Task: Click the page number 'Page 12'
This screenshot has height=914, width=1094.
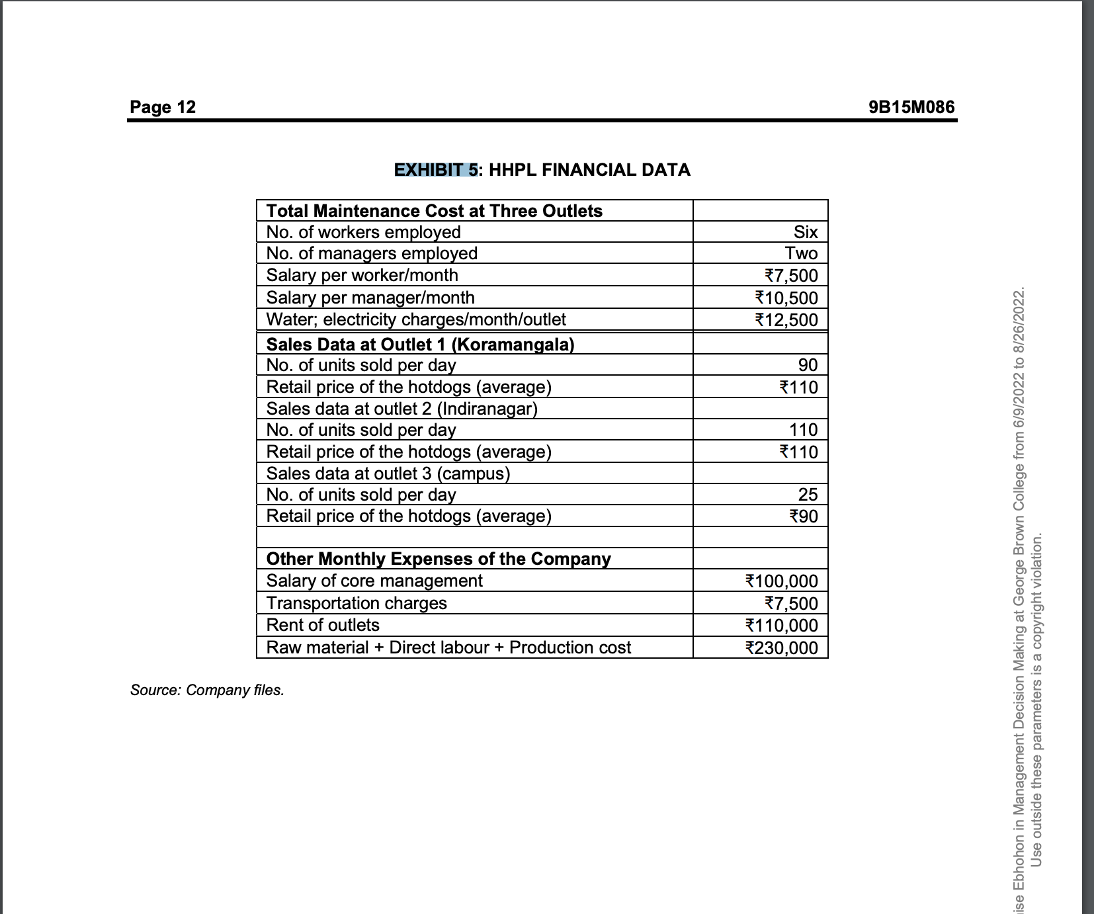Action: tap(163, 107)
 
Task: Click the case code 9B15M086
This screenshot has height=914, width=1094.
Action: tap(911, 107)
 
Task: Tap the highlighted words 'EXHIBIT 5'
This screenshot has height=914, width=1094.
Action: tap(435, 170)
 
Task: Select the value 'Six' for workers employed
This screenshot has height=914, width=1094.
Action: tap(805, 232)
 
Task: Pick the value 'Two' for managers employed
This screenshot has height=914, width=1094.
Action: tap(801, 253)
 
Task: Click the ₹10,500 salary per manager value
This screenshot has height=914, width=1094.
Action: tap(786, 298)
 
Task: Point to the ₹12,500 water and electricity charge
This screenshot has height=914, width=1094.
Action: tap(786, 320)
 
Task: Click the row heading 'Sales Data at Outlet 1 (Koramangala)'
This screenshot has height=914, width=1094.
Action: tap(420, 345)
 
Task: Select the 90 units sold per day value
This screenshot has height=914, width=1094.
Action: tap(808, 365)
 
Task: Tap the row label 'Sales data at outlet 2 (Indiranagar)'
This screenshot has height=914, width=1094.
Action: tap(401, 409)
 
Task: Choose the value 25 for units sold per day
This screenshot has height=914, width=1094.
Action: tap(808, 495)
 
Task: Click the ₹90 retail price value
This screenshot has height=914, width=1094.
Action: tap(804, 517)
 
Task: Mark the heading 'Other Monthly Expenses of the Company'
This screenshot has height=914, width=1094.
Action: tap(438, 559)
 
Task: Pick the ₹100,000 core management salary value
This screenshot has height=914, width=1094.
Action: tap(781, 581)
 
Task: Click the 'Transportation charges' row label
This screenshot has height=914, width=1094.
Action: tap(357, 603)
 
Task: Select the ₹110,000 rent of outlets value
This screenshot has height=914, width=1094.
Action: tap(781, 626)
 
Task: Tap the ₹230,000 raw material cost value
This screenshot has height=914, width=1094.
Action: tap(781, 648)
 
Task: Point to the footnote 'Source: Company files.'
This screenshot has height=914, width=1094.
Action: tap(207, 690)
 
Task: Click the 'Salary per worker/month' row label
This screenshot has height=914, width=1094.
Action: tap(362, 275)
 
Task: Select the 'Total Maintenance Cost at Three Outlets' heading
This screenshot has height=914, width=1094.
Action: tap(434, 211)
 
